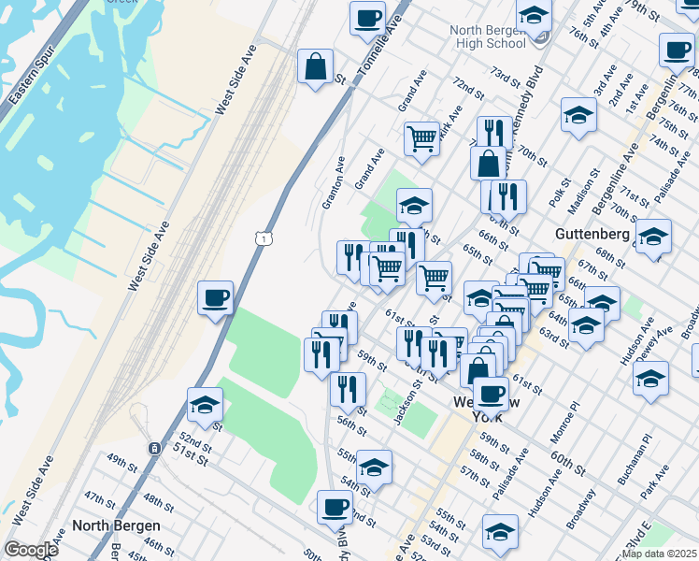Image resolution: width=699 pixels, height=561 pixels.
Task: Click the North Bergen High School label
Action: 487,36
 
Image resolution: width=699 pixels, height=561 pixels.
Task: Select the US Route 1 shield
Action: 266,240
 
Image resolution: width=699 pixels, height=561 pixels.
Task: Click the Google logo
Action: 31,550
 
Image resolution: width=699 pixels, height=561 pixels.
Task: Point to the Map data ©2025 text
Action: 659,554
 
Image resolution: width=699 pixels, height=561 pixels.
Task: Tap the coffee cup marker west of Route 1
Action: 215,299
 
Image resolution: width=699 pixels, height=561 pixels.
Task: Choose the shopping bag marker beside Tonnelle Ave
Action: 316,66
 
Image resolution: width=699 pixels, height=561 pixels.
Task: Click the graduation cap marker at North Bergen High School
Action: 534,16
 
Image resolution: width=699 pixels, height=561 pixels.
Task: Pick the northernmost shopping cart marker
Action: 422,138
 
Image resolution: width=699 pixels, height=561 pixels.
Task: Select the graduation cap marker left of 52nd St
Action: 205,405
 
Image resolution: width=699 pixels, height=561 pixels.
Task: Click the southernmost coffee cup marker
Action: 335,509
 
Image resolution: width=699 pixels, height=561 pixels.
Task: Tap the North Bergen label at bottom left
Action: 116,525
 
